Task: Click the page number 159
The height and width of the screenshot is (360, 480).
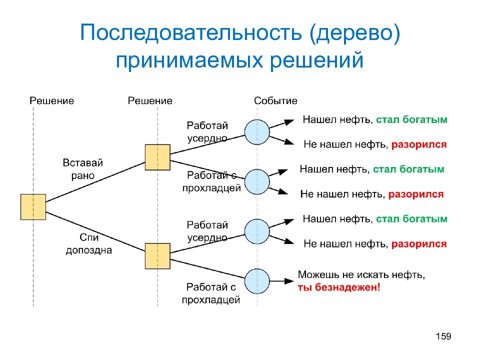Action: click(x=443, y=336)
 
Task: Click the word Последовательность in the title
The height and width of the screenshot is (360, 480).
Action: click(x=191, y=33)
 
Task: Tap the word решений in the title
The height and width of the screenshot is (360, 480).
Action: click(x=316, y=60)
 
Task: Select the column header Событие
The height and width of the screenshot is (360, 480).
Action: click(x=275, y=100)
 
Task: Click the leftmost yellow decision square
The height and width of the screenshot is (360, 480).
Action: click(x=33, y=207)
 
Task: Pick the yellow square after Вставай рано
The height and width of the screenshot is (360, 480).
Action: click(x=157, y=157)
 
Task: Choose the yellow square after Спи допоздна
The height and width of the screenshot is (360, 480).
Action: click(x=157, y=256)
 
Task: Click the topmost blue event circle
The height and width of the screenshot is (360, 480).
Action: click(x=257, y=132)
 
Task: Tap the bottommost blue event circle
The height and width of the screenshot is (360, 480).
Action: click(x=257, y=281)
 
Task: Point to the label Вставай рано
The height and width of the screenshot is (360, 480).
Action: click(x=82, y=169)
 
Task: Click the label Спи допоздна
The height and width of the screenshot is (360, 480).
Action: click(x=89, y=243)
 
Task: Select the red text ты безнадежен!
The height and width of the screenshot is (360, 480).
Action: click(x=339, y=287)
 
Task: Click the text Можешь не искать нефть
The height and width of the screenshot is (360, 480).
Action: click(x=361, y=274)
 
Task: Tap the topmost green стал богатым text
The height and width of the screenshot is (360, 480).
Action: click(x=411, y=119)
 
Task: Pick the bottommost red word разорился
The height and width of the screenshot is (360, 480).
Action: click(x=419, y=244)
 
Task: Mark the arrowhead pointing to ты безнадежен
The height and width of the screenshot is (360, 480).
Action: click(x=289, y=281)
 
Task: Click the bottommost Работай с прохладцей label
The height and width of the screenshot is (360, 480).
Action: click(x=211, y=293)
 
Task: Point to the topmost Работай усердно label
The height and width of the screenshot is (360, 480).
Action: click(x=207, y=131)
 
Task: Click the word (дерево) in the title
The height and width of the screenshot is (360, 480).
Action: click(x=355, y=33)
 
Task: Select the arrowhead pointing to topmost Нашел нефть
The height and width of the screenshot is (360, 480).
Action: click(x=289, y=122)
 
